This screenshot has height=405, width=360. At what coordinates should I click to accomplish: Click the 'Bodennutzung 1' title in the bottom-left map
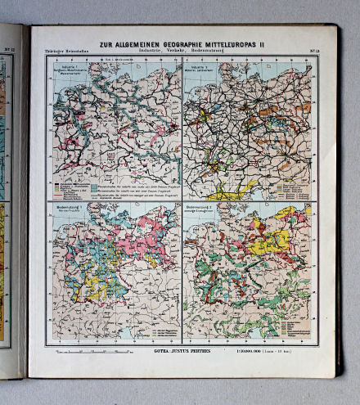(x=70, y=212)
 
